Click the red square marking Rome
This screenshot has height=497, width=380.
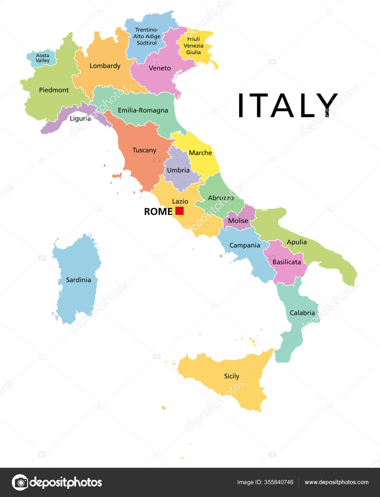179,211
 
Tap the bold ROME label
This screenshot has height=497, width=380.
158,211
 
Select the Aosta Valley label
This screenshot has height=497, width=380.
43,58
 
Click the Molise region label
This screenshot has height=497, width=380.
238,220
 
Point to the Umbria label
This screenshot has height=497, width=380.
178,170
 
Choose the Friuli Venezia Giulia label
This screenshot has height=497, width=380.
193,46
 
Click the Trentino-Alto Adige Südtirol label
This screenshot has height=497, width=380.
147,36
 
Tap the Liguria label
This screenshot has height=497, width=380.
80,118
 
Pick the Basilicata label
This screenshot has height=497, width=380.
287,262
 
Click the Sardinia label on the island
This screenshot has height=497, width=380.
78,280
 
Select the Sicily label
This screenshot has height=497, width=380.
231,376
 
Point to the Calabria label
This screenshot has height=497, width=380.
302,313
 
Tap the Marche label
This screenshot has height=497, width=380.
200,153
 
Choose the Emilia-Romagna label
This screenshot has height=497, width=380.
143,110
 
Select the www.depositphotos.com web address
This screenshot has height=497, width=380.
336,482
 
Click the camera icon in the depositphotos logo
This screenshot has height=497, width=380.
20,482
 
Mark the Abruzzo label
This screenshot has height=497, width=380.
221,198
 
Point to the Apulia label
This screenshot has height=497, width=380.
297,242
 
